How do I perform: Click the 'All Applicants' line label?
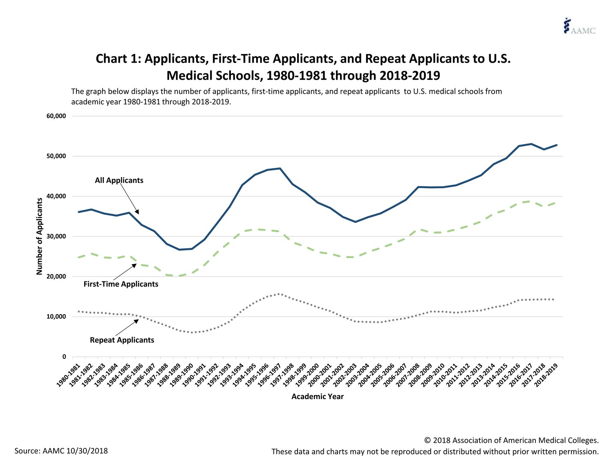119,180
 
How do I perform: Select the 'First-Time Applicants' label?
121,284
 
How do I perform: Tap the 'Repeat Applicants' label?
122,340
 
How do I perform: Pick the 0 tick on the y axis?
64,357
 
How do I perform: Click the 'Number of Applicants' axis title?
40,236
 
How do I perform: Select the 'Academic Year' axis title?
318,397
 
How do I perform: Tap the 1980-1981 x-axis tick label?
69,374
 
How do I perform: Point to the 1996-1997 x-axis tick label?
271,374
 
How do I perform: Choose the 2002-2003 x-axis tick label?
347,374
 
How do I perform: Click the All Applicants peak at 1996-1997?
280,168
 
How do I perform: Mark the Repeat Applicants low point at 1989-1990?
192,332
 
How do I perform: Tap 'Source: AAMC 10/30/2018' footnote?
61,451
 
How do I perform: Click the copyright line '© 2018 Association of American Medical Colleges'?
511,440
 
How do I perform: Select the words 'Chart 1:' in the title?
118,59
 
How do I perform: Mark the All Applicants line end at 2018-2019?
557,145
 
